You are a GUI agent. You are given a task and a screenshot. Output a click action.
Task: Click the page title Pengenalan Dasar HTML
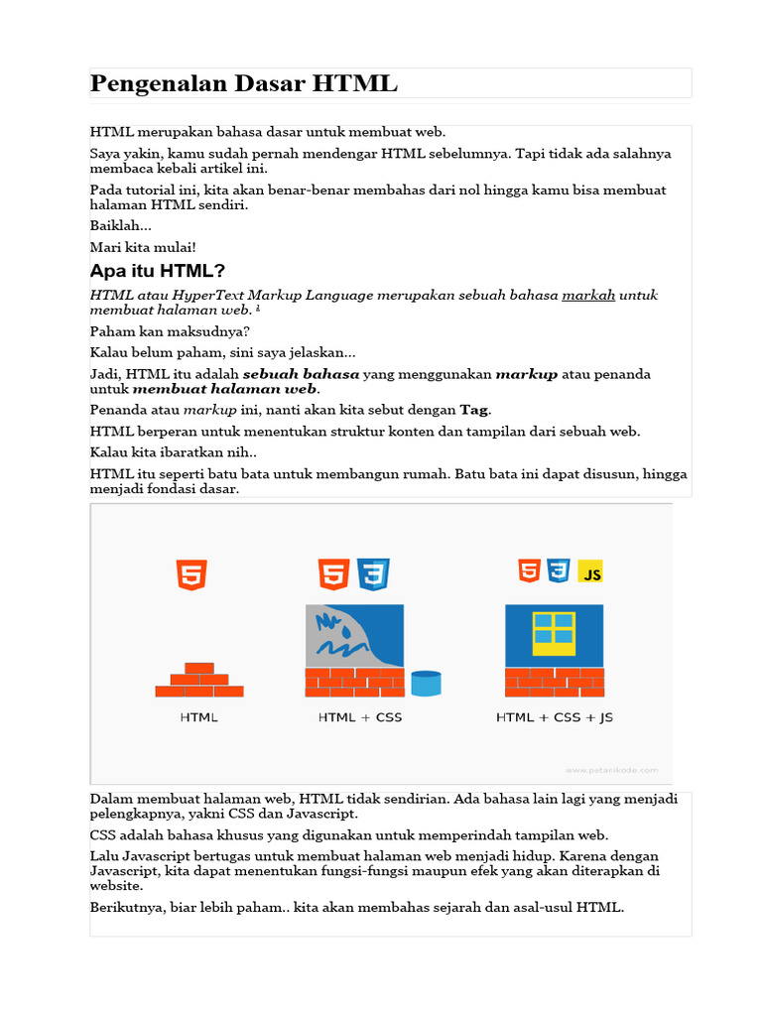click(243, 84)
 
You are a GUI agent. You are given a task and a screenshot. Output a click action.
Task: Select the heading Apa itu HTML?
click(158, 271)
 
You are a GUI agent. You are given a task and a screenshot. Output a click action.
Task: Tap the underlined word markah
click(588, 296)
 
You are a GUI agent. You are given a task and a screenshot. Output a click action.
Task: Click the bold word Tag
click(474, 410)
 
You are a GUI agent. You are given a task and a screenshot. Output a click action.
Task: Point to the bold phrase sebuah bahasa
click(302, 374)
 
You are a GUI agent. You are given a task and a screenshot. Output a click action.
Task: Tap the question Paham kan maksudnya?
click(170, 331)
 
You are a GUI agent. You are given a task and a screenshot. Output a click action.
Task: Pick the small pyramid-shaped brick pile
click(199, 681)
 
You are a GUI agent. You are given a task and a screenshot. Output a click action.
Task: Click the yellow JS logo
click(590, 572)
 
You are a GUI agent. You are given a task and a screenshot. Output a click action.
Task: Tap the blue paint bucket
click(425, 684)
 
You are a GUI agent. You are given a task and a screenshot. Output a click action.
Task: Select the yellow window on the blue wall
click(554, 633)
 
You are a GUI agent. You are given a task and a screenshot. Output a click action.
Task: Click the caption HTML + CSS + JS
click(554, 717)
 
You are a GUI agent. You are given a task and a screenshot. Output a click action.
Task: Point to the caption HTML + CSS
click(360, 717)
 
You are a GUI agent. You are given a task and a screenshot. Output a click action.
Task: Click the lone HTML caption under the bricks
click(198, 717)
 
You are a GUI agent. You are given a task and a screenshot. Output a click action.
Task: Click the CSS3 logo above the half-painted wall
click(374, 574)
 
